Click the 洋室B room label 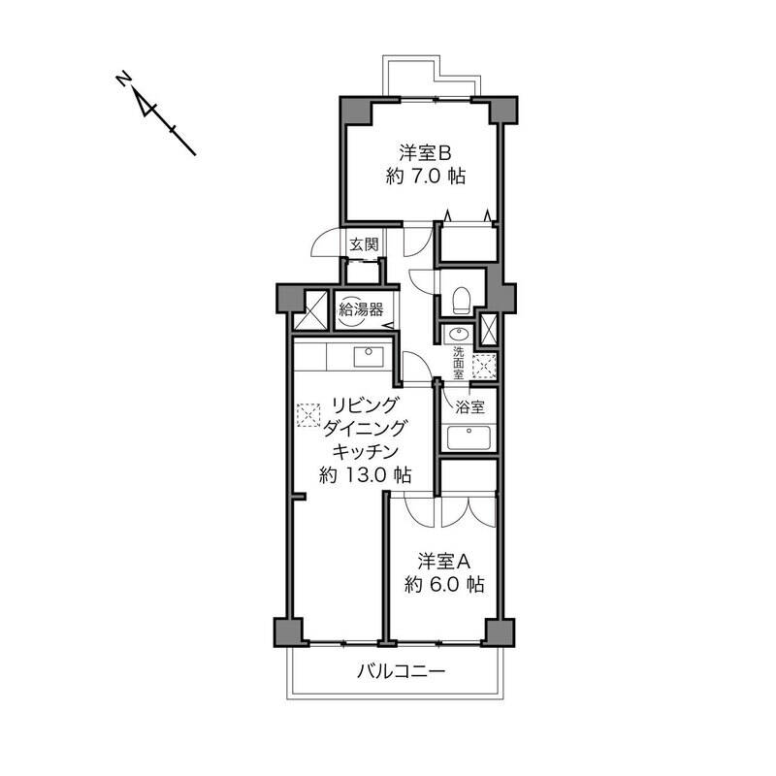[426, 153]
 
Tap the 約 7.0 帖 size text [426, 177]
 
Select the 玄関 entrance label [365, 244]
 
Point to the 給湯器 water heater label [361, 309]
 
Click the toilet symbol [462, 300]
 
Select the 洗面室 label [459, 363]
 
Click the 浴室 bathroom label [469, 407]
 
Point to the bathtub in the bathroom [469, 438]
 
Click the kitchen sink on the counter [369, 357]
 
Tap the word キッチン [366, 452]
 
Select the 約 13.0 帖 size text [366, 475]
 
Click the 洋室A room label [443, 562]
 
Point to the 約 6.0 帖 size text [444, 585]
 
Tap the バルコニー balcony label [402, 671]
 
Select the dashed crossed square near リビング [307, 415]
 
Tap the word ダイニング [365, 429]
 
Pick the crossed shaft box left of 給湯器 [310, 310]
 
